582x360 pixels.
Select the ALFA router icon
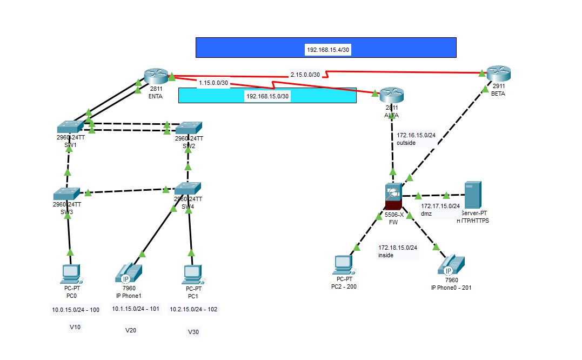pos(392,95)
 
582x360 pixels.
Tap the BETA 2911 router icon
pos(498,73)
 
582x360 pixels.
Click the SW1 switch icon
pos(70,127)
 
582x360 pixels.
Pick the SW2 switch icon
pos(189,128)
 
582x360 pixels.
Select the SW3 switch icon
pos(66,194)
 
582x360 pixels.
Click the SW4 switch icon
pos(188,189)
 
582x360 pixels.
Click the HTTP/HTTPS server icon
pos(472,195)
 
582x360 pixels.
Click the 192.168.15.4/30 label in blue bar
pos(328,50)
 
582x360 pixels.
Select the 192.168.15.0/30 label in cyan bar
pos(267,96)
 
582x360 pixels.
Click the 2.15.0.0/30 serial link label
pos(305,74)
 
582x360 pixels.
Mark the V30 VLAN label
pos(193,332)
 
